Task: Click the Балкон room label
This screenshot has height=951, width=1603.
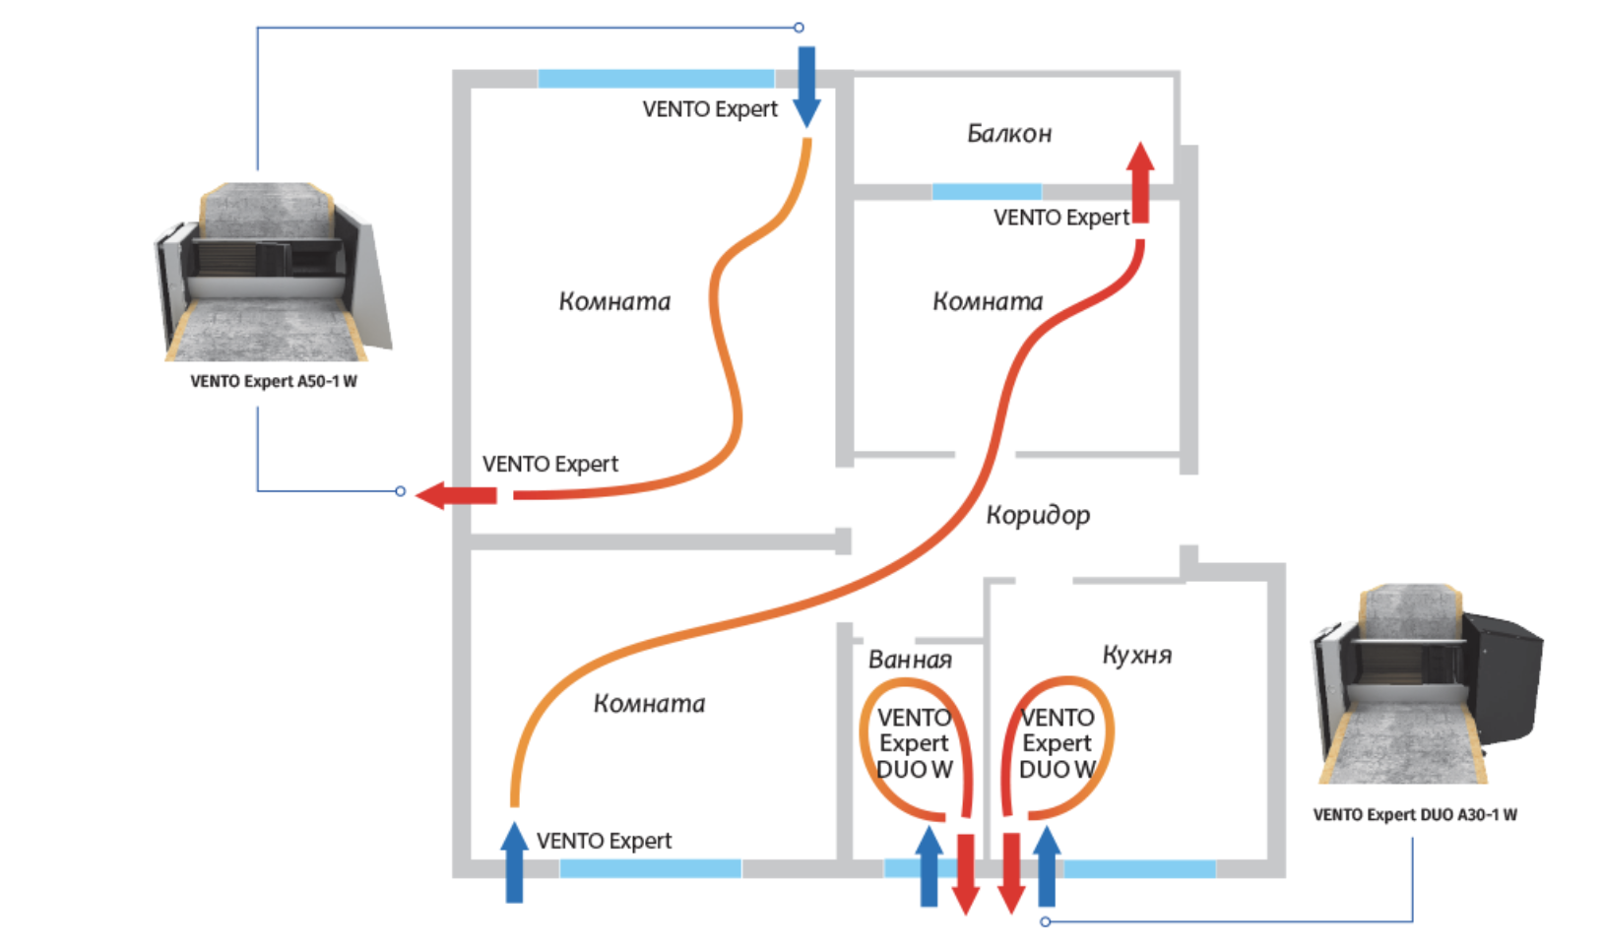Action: click(x=1009, y=133)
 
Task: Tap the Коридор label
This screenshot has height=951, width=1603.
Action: click(x=1038, y=515)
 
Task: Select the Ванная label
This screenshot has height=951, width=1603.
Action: click(x=910, y=660)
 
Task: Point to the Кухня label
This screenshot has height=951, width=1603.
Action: click(x=1136, y=655)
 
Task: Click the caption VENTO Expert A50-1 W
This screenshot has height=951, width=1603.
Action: click(x=274, y=382)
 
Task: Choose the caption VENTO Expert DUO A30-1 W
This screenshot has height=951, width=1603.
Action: click(x=1414, y=815)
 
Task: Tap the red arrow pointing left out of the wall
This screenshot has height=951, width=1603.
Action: click(x=456, y=494)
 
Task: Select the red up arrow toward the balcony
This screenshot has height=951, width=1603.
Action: click(x=1140, y=183)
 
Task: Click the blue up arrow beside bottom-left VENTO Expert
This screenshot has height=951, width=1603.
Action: click(x=514, y=862)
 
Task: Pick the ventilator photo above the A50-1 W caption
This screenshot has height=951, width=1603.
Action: click(x=273, y=272)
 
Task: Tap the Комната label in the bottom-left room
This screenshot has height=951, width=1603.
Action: click(x=649, y=704)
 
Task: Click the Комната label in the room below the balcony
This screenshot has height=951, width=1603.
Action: click(x=988, y=301)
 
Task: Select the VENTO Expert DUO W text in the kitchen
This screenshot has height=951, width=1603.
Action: click(x=1057, y=744)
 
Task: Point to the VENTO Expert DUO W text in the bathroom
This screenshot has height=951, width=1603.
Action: click(x=914, y=744)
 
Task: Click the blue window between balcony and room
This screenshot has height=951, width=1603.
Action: click(x=987, y=191)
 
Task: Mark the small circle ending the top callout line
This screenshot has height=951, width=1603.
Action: click(x=799, y=28)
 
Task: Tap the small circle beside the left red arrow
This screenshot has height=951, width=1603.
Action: click(x=400, y=490)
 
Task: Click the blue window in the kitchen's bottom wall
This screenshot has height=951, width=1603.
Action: click(x=1139, y=869)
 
